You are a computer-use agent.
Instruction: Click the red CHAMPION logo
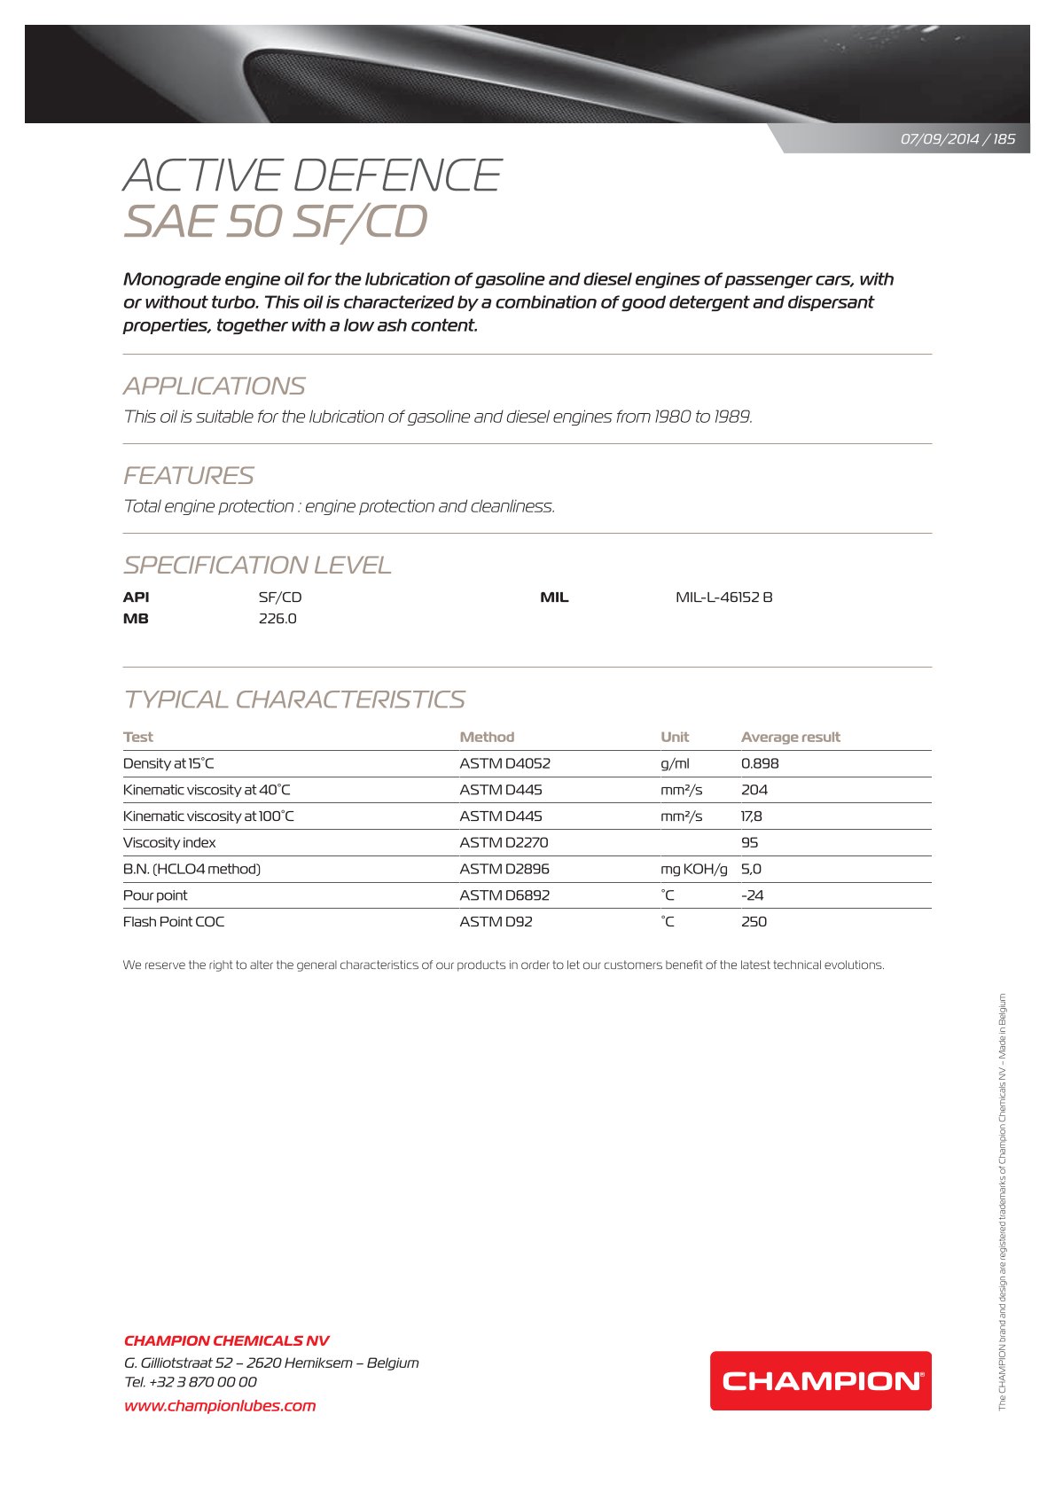click(820, 1380)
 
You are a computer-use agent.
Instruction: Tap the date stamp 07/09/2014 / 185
click(957, 139)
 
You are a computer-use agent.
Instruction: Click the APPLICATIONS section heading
click(214, 387)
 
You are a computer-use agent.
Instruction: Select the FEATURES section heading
click(188, 476)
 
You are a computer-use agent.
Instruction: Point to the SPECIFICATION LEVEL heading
click(257, 566)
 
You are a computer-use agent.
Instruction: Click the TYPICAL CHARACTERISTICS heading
click(293, 699)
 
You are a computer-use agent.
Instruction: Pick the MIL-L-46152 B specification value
click(723, 598)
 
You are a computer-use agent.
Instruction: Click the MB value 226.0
click(277, 619)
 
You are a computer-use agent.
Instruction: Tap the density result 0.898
click(760, 763)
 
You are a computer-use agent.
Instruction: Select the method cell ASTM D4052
click(504, 763)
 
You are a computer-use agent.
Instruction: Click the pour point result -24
click(752, 895)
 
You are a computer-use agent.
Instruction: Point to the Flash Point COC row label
click(174, 922)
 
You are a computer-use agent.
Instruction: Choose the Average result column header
click(790, 737)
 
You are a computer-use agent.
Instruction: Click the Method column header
click(487, 737)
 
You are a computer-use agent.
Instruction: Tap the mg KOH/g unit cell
click(693, 869)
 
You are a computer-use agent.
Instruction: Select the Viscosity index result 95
click(749, 842)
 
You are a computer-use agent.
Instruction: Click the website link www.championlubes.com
click(220, 1405)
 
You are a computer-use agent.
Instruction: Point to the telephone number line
click(191, 1381)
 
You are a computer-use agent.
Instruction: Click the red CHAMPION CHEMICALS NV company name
click(226, 1340)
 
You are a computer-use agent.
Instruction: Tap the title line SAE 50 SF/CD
click(275, 222)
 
